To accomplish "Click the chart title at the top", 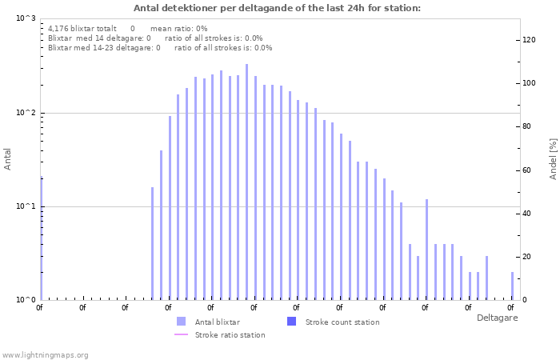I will click(277, 8).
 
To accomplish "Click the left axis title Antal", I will click(8, 159).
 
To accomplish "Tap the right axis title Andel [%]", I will click(553, 158).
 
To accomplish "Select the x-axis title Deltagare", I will click(497, 318).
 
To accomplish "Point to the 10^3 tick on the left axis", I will click(26, 18).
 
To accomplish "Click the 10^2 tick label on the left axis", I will click(26, 113).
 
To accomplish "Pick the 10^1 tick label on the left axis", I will click(26, 206).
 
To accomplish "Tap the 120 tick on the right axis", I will click(529, 40).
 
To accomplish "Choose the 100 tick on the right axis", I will click(529, 83).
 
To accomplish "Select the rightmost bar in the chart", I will click(513, 286).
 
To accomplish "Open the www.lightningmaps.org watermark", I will click(46, 354).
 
